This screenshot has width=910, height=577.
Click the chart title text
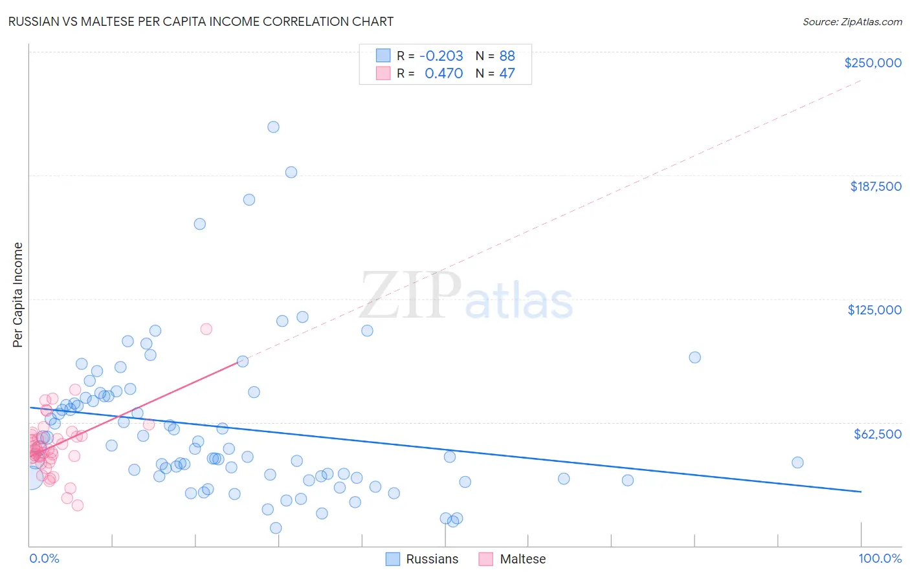tap(200, 21)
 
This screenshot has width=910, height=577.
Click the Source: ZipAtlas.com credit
tap(852, 21)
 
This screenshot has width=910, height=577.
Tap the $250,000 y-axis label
tap(872, 63)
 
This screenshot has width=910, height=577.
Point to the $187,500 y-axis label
tap(875, 186)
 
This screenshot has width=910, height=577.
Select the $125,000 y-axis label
tap(874, 310)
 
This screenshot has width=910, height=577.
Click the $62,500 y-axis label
tap(877, 434)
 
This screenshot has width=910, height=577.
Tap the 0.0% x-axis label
tap(44, 559)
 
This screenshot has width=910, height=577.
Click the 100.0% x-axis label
tap(880, 559)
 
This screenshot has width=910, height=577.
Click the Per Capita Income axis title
tap(18, 295)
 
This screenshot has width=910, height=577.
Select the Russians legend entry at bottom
tap(431, 559)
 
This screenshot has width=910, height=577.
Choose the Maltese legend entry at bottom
tap(522, 559)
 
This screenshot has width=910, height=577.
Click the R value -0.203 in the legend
tap(441, 56)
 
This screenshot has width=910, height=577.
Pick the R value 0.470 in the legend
tap(443, 74)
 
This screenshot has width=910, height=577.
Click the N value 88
tap(507, 56)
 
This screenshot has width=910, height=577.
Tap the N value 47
tap(507, 74)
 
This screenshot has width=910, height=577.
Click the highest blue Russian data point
tap(273, 127)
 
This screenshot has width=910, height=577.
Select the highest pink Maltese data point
tap(206, 329)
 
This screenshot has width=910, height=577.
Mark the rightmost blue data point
tap(797, 463)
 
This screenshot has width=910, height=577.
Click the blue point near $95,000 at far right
tap(694, 357)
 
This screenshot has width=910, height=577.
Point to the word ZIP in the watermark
tap(410, 295)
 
